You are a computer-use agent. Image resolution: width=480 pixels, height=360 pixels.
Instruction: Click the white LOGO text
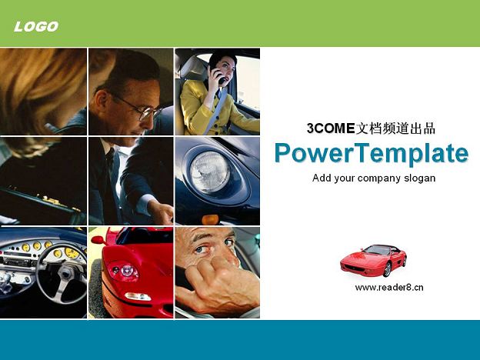tap(36, 27)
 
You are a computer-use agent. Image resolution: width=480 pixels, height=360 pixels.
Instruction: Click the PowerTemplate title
tap(372, 154)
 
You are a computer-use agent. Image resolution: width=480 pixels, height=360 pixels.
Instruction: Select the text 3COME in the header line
tap(331, 128)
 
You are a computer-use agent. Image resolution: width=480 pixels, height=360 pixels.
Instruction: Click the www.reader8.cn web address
tap(389, 288)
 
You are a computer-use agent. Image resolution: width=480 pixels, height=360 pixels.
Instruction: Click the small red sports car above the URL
tap(374, 260)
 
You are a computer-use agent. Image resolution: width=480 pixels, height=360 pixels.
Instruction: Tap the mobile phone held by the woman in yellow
tap(218, 75)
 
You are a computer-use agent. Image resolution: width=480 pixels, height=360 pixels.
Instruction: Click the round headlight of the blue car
tap(210, 172)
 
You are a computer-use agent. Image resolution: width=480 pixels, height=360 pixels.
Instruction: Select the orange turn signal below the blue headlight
tap(210, 219)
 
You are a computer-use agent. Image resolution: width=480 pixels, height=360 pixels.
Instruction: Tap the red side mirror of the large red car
tap(98, 240)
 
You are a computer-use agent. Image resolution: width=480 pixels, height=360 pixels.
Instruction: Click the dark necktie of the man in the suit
tap(110, 165)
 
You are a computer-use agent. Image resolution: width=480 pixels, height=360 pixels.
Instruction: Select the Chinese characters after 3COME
tap(395, 128)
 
